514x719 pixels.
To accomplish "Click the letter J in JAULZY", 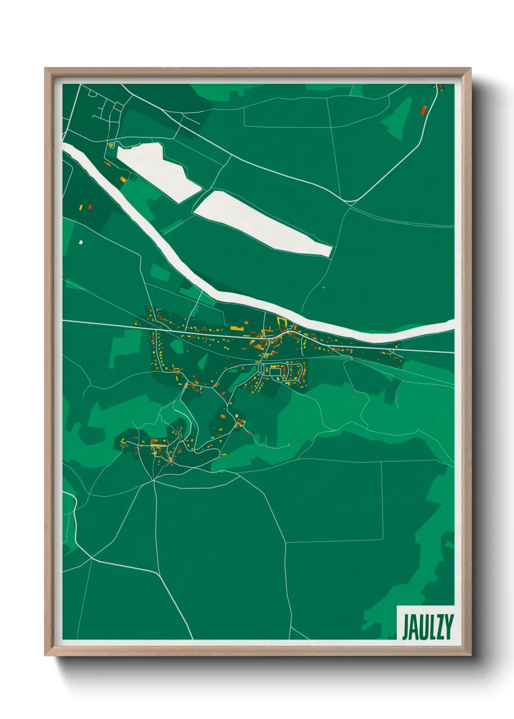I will pos(405,627).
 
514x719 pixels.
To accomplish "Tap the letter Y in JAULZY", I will pos(449,627).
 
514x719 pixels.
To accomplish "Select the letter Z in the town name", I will pos(440,627).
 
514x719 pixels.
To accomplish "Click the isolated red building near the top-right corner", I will pos(423,110).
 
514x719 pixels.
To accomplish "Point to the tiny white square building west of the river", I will pos(81,242).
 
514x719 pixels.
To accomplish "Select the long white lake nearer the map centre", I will pos(262,223).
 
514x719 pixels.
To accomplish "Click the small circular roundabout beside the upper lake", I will pos(112,144).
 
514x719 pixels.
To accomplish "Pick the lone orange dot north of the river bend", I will pos(324,288).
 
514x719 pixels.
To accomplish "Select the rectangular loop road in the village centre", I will pos(275,372).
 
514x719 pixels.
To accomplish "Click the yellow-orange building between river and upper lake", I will pos(122,179).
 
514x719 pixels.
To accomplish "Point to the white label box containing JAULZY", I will pos(426,623).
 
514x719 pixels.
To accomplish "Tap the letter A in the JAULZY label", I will pos(413,627).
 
